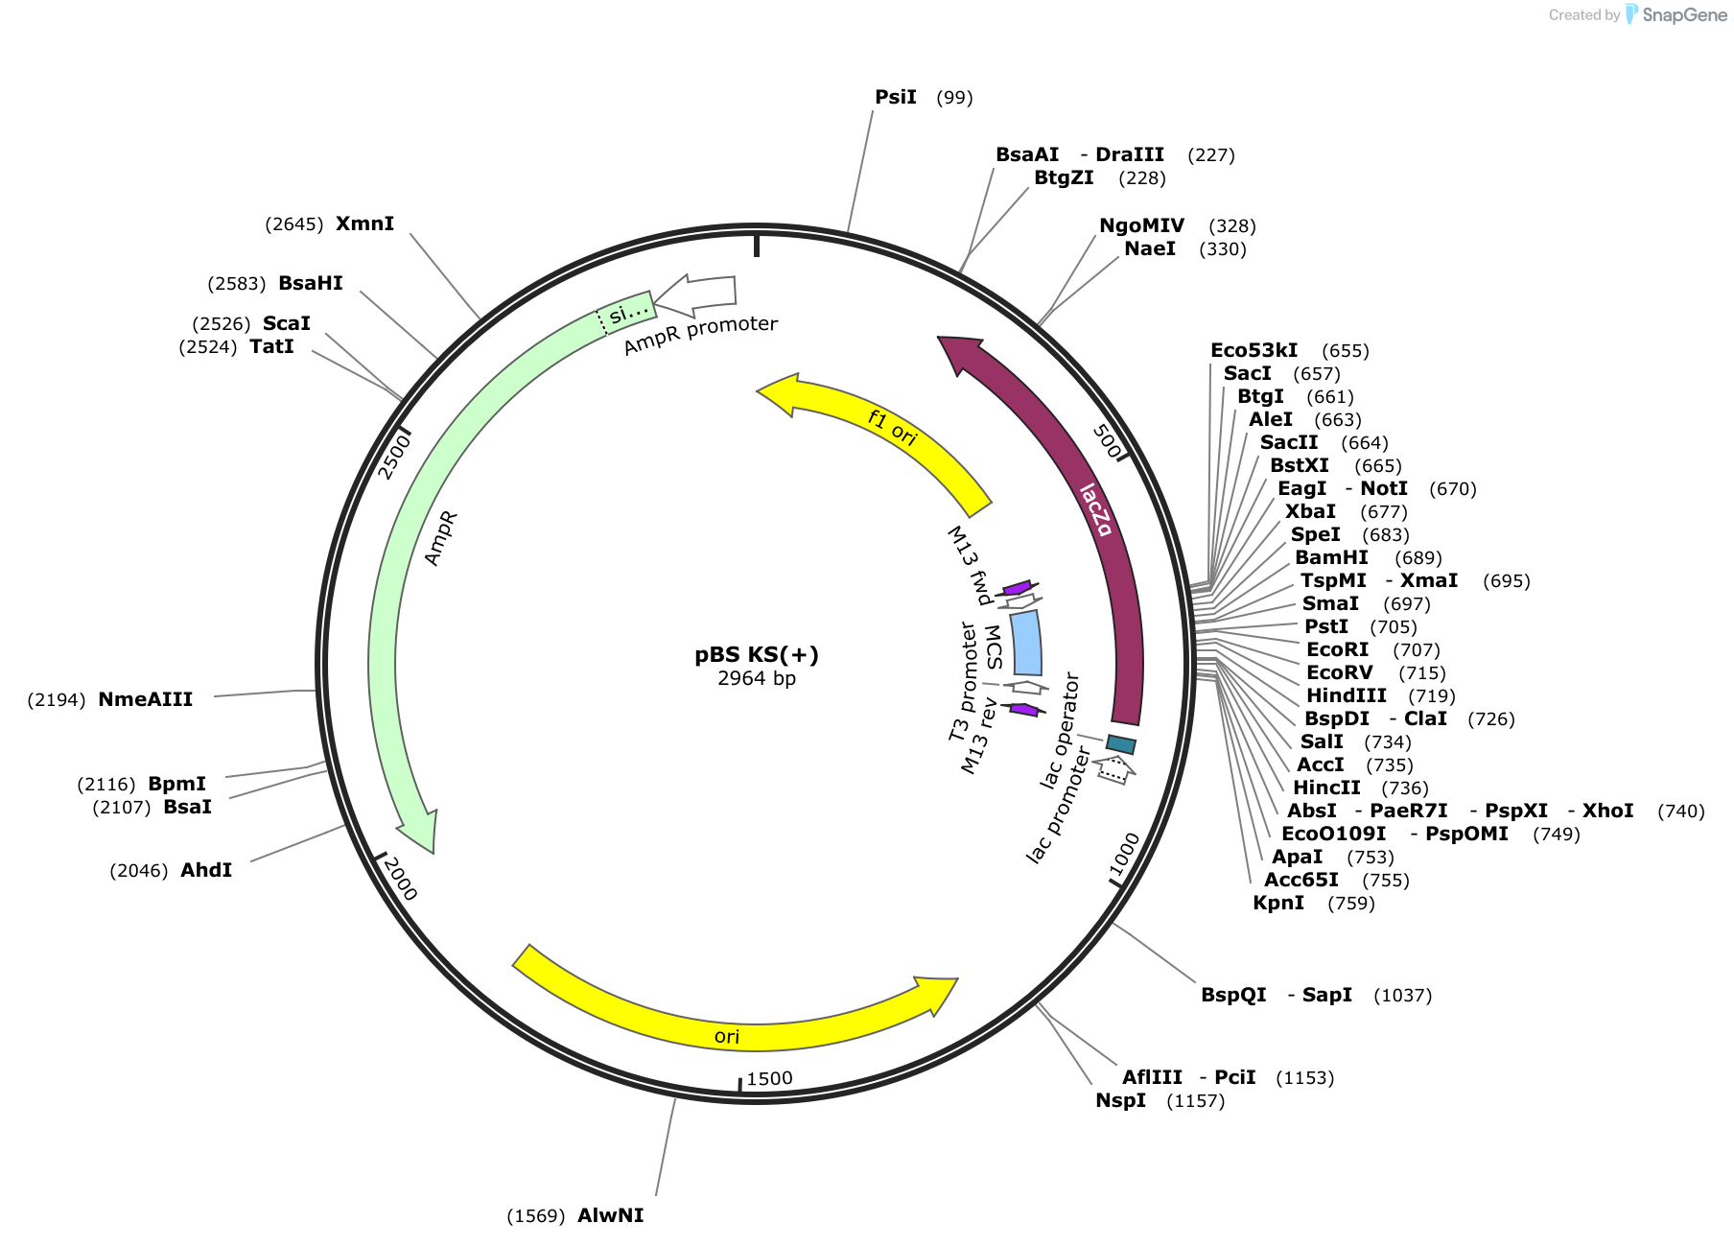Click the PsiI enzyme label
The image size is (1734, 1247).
896,97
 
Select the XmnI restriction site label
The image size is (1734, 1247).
364,224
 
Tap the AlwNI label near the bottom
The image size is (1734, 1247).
610,1215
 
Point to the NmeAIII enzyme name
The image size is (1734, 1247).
145,699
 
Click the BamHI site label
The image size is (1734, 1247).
1331,557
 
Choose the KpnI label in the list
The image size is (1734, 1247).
1278,903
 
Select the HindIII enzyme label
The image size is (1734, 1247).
1347,695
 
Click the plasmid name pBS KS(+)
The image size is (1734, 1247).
757,655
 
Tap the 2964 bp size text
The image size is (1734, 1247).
757,678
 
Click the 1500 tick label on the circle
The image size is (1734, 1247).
769,1078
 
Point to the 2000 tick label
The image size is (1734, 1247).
400,879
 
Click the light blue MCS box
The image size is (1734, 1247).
1026,643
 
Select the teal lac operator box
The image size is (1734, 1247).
1121,744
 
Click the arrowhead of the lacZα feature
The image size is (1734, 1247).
960,353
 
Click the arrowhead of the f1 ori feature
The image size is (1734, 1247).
779,394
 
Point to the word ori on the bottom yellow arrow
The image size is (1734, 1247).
727,1036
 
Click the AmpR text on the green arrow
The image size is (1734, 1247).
441,538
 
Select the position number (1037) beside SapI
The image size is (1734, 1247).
1402,995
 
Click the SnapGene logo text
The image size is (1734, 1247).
1684,14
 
